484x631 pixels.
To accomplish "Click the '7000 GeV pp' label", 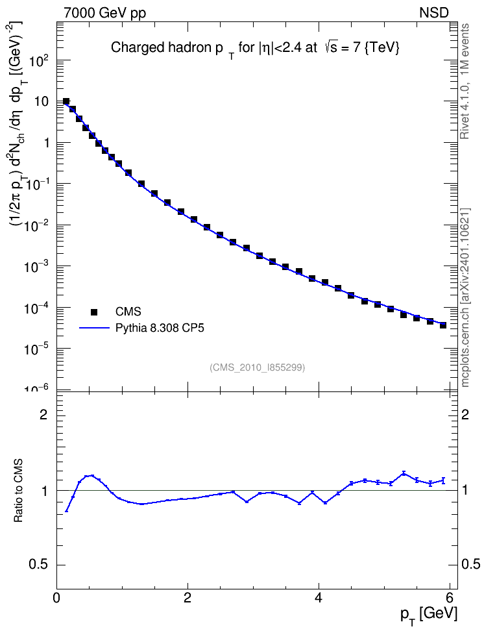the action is (104, 13).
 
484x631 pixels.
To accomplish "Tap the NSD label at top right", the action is (433, 12).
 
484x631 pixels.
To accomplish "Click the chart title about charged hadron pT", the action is (255, 49).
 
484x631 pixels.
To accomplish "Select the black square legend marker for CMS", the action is (94, 312).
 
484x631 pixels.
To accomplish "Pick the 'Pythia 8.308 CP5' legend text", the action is (160, 328).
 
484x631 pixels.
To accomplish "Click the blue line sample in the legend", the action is (94, 328).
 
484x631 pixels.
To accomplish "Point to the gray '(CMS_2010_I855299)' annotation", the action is (257, 367).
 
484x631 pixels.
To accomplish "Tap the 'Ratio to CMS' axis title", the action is (18, 491).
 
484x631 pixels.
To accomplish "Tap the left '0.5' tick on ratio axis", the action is (38, 565).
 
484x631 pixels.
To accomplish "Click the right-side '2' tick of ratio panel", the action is (465, 414).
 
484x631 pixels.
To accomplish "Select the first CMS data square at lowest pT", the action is (66, 101).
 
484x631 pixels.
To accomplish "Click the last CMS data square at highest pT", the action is (443, 325).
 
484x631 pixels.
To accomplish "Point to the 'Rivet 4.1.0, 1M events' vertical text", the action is (465, 81).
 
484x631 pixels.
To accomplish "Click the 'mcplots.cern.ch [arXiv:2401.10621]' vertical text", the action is (465, 298).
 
